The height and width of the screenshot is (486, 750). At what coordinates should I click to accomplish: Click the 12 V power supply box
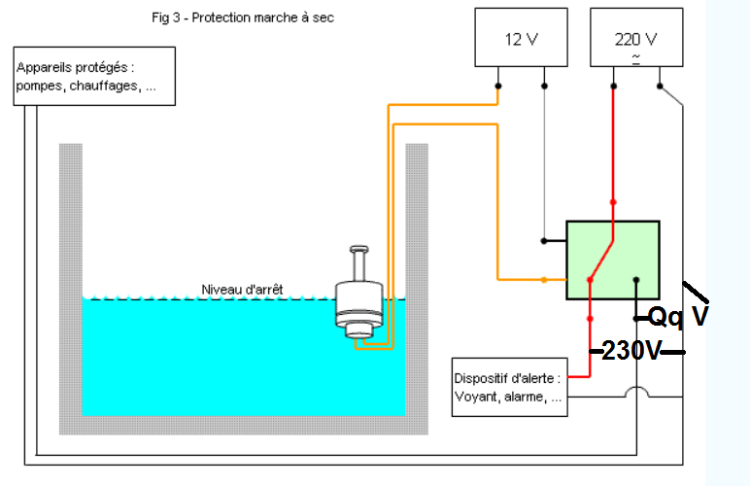tap(521, 39)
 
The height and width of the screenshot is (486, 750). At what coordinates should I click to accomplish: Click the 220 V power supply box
tap(635, 39)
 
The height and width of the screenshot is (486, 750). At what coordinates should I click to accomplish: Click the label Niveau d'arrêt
tap(239, 290)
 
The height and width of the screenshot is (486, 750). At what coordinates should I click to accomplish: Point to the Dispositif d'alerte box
tap(510, 387)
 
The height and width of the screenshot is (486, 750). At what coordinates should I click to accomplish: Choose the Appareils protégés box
tap(93, 76)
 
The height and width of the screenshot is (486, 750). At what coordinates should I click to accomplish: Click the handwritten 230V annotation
tap(631, 351)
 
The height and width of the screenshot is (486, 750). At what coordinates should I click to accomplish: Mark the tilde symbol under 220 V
tap(636, 57)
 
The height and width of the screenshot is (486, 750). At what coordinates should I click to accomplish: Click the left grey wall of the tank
tap(70, 282)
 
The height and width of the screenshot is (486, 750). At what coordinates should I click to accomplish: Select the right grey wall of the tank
tap(417, 282)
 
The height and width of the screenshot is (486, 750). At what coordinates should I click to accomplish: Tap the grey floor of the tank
tap(243, 426)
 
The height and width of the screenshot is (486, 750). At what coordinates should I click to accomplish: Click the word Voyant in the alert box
tap(475, 397)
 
